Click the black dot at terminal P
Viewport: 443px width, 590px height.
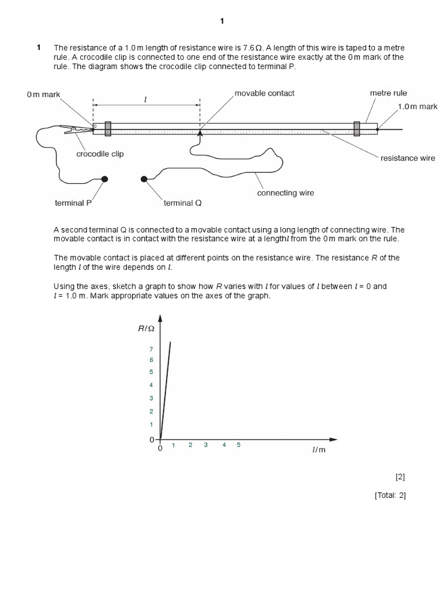[104, 179]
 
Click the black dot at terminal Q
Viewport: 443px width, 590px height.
[144, 179]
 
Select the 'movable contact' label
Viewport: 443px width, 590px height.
[265, 93]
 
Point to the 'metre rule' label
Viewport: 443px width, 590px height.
[388, 93]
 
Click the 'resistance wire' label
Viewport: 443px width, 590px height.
[408, 158]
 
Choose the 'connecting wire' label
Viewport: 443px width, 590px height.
[286, 193]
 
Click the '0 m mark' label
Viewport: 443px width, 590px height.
[43, 94]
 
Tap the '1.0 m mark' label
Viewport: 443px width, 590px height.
[418, 107]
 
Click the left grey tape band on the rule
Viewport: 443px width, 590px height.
[108, 128]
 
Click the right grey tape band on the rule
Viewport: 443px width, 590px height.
[356, 128]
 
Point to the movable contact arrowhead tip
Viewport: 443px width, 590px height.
[200, 132]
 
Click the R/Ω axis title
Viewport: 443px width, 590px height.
[146, 328]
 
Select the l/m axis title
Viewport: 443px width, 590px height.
[318, 449]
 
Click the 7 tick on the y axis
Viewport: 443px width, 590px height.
[151, 349]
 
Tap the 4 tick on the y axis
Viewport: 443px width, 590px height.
[151, 385]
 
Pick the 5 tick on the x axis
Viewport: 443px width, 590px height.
[238, 445]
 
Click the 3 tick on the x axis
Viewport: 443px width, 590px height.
[205, 445]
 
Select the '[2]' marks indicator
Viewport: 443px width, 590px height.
[401, 476]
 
